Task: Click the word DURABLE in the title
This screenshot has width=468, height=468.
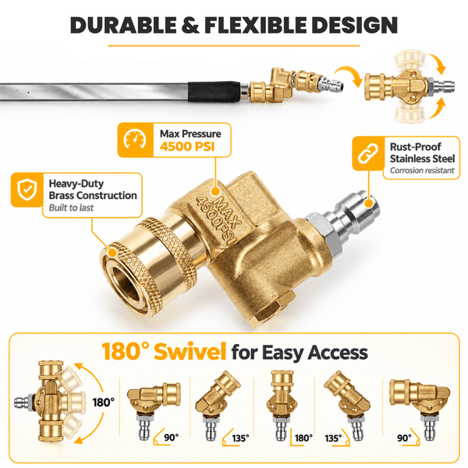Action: pos(123,25)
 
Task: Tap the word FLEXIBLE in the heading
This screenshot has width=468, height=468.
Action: pos(255,25)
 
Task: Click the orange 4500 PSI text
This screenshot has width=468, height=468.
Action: pos(187,147)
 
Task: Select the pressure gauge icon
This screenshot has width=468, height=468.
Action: pos(135,140)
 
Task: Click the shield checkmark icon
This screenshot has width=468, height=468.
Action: pos(27,190)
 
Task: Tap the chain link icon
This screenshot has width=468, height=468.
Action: pos(367,154)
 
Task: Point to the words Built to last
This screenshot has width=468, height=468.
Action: pos(71,207)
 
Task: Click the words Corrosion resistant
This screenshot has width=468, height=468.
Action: pos(422,170)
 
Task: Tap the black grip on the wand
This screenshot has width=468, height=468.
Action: pos(214,91)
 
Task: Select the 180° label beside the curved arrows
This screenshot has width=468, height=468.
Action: pos(103,402)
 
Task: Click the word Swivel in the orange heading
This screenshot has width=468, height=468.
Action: pos(190,352)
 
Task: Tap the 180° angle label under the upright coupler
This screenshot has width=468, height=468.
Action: pos(303,438)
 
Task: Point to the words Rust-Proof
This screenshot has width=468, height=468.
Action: pos(415,147)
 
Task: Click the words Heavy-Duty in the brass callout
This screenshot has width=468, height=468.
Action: pos(76,183)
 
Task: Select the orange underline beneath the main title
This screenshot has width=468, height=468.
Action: pos(234,46)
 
